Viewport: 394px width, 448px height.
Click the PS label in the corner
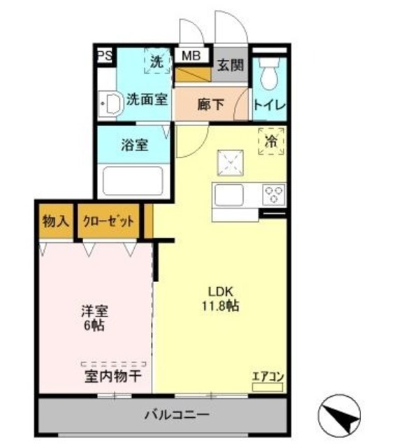[104, 56]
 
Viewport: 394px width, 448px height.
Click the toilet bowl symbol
[268, 73]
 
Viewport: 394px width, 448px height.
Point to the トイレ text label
[268, 106]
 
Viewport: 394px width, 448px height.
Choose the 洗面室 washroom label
[146, 99]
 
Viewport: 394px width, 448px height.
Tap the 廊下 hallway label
[210, 105]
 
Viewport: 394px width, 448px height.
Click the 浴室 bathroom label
[134, 146]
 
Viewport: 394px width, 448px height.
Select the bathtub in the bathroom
[133, 181]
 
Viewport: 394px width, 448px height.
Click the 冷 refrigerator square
[271, 141]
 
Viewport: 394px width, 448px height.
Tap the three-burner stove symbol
[272, 192]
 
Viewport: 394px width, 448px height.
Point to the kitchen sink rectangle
[236, 193]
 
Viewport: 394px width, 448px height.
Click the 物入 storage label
[55, 222]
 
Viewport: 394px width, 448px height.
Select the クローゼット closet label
[108, 222]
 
